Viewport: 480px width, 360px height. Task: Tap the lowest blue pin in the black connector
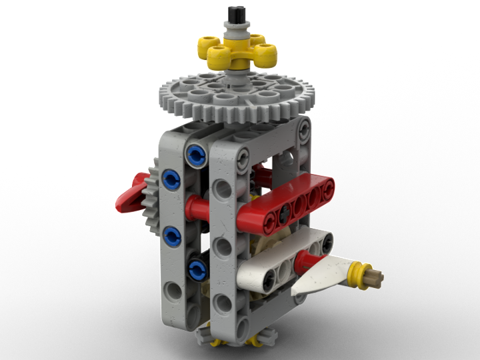point(197,269)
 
